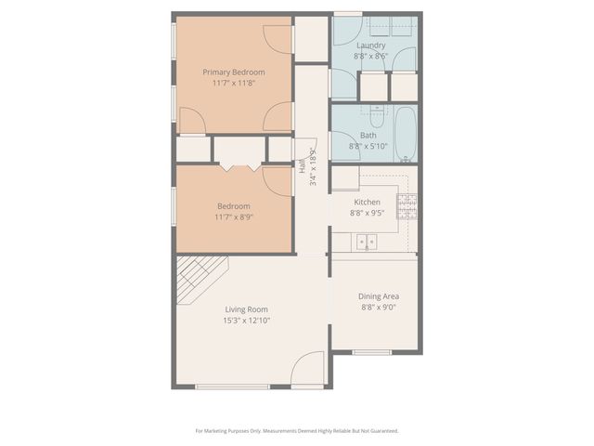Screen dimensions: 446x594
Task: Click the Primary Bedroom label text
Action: click(234, 72)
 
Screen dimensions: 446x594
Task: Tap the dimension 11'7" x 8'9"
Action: click(234, 217)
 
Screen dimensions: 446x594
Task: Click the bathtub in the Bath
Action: click(406, 134)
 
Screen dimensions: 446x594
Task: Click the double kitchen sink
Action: click(366, 243)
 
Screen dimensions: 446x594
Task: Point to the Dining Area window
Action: click(371, 352)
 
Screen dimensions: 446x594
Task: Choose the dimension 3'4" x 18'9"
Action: click(314, 167)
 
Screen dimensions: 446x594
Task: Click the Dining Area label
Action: click(379, 296)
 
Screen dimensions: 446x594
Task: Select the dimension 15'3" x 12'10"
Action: click(245, 321)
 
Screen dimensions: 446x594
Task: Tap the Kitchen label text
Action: click(367, 202)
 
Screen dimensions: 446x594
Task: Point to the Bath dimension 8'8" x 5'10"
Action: click(369, 146)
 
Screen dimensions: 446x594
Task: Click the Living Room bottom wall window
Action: click(232, 387)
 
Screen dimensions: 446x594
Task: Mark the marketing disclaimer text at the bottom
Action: click(296, 431)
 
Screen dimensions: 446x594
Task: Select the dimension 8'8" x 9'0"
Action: click(379, 308)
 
